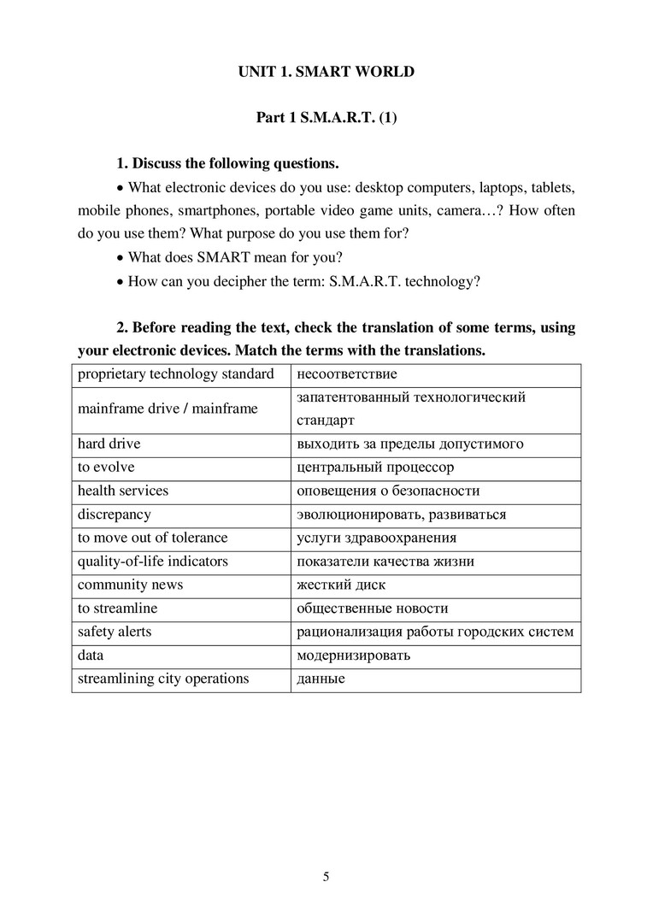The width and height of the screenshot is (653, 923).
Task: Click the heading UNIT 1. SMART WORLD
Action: pyautogui.click(x=326, y=72)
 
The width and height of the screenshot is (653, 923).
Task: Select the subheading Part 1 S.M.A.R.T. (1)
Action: pyautogui.click(x=326, y=118)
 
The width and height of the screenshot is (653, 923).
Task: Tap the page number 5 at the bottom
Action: pyautogui.click(x=326, y=876)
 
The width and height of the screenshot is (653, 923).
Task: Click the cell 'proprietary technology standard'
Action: pyautogui.click(x=176, y=374)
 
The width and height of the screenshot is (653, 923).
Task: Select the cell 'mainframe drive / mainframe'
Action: pyautogui.click(x=168, y=409)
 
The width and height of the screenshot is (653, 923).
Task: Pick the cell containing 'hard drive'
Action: pyautogui.click(x=109, y=444)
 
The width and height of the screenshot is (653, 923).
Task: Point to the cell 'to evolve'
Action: pyautogui.click(x=106, y=467)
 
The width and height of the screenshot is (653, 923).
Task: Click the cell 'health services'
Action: pyautogui.click(x=123, y=491)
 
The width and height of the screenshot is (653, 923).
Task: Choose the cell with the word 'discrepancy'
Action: pyautogui.click(x=115, y=514)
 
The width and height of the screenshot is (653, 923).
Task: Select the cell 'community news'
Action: pyautogui.click(x=131, y=585)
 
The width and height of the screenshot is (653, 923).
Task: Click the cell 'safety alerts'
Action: pyautogui.click(x=115, y=632)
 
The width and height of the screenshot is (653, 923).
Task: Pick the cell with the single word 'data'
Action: pyautogui.click(x=91, y=656)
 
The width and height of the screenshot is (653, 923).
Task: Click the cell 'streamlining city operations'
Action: pyautogui.click(x=163, y=679)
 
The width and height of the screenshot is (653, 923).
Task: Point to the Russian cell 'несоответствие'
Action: pyautogui.click(x=347, y=374)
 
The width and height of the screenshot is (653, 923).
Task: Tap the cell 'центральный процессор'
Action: pyautogui.click(x=375, y=467)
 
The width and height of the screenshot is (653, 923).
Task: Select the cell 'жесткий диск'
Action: pyautogui.click(x=341, y=585)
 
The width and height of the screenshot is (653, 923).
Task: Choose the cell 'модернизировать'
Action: pyautogui.click(x=353, y=656)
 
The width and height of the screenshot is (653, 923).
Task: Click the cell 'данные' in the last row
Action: pyautogui.click(x=321, y=679)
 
